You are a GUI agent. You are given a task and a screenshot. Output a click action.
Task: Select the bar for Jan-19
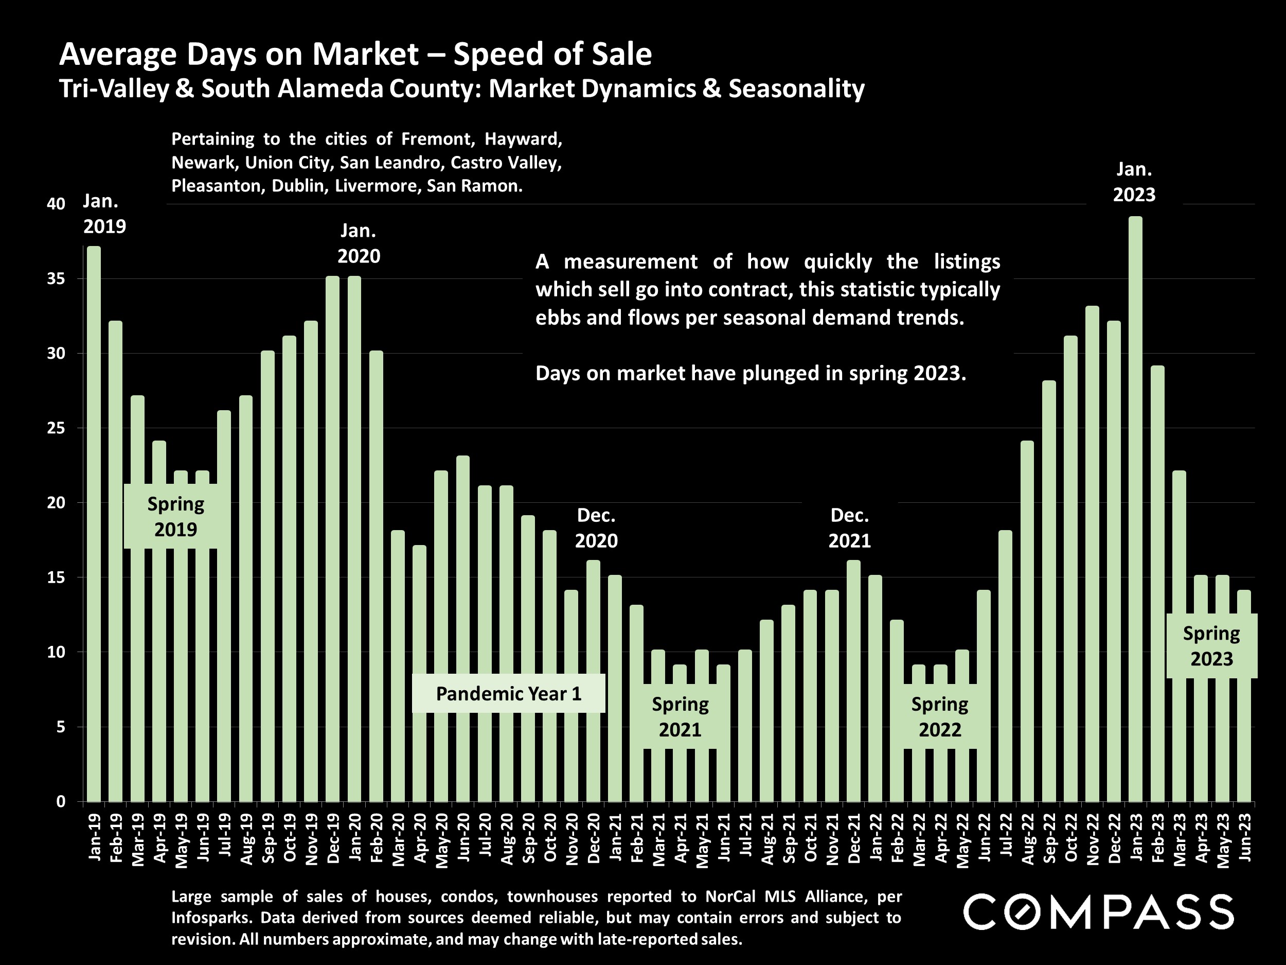click(x=94, y=523)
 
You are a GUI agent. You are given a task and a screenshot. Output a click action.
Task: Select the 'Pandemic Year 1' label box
click(x=509, y=693)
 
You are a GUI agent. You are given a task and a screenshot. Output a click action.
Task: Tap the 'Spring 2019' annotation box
click(x=175, y=517)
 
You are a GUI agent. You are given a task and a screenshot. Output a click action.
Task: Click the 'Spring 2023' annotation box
click(x=1211, y=646)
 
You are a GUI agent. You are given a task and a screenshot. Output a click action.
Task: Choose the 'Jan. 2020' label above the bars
click(x=359, y=243)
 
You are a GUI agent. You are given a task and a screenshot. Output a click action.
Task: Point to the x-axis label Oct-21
click(x=810, y=837)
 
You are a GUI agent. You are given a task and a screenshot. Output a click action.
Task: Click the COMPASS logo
click(x=1098, y=912)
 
